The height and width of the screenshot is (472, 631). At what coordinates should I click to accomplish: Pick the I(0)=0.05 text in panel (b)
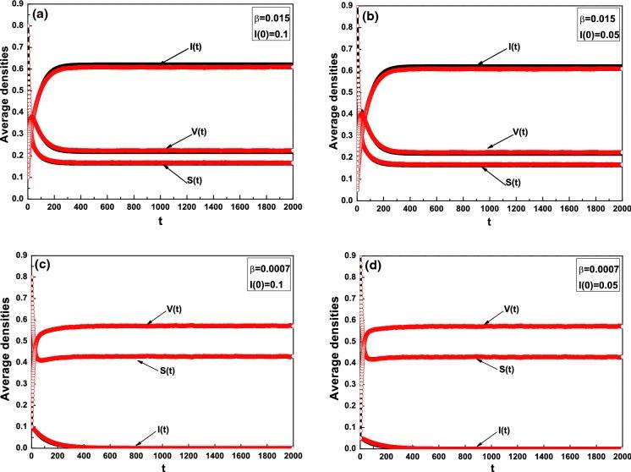point(599,36)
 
